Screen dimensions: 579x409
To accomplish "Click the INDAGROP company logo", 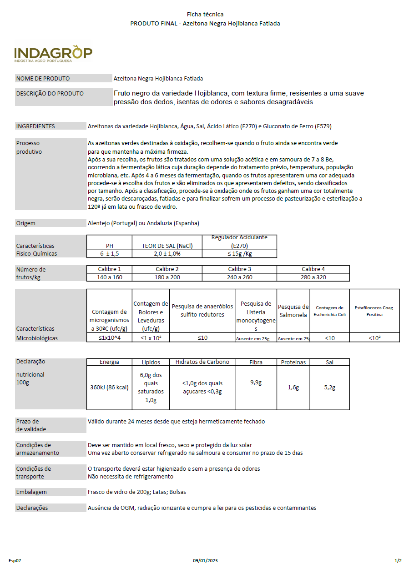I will coord(53,54).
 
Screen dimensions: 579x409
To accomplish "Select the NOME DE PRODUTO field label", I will coord(43,78).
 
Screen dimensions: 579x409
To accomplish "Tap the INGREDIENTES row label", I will coord(35,126).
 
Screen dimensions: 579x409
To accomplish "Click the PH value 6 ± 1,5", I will coord(109,253).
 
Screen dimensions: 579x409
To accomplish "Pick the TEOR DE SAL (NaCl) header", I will coord(167,246).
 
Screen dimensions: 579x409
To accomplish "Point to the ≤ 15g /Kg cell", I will coord(239,253).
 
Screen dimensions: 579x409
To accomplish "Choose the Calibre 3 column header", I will coord(239,269).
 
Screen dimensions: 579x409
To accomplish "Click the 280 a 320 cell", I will coord(313,277).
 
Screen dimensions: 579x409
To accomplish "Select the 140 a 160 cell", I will coord(109,277).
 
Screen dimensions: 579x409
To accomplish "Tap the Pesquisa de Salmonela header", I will coord(293,311).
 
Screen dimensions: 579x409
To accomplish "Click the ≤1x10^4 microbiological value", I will coord(109,337).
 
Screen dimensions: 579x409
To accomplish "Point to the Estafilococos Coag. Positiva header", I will coord(374,311).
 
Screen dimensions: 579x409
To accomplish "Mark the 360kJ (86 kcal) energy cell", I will coord(109,388).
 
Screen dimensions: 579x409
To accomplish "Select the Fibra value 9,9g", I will coord(256,383).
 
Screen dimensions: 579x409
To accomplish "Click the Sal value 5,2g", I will coord(329,388).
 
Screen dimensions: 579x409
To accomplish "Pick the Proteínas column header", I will coord(293,362).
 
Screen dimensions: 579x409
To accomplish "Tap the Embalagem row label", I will coord(31,492).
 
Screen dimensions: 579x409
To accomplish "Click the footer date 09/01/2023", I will coord(205,561).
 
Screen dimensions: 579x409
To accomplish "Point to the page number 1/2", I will coord(398,561).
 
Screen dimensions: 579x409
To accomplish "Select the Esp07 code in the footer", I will coord(15,561).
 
